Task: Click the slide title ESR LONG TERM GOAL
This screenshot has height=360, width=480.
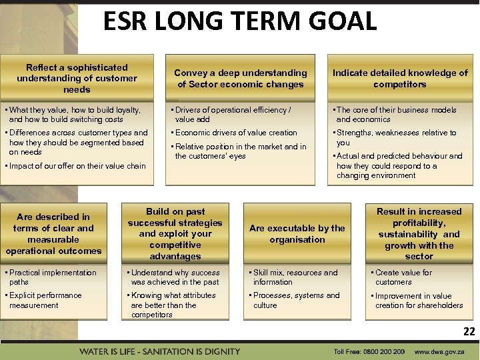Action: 239,21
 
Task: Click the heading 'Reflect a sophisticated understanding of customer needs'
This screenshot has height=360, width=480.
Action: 77,78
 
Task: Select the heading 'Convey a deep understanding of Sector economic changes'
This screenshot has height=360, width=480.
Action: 241,79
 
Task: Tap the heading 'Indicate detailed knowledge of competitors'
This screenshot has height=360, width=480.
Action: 400,79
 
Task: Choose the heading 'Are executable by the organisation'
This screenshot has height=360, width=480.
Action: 297,234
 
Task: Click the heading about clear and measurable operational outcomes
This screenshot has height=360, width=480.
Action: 53,234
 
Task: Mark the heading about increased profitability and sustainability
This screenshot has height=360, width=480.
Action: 419,234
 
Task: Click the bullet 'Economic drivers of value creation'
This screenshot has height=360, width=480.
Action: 235,133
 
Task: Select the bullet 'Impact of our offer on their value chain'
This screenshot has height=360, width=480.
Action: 77,166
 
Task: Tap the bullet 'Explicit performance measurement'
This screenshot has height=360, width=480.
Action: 45,300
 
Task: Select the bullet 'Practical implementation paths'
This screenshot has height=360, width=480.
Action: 51,277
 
